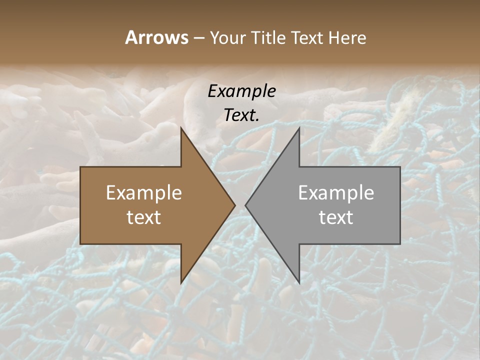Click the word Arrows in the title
[156, 37]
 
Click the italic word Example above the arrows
[241, 91]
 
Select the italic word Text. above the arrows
[241, 115]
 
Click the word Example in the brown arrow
[144, 192]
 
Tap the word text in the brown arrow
[144, 217]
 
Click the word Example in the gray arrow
[336, 192]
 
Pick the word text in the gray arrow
[336, 217]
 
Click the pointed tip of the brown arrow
[235, 205]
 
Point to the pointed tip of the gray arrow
[245, 205]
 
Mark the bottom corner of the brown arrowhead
[181, 283]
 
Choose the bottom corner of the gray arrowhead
[299, 283]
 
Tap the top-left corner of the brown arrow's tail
[80, 167]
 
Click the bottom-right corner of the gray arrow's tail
[400, 244]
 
